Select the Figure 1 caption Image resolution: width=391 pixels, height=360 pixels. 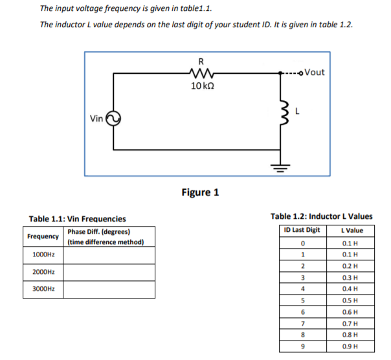point(200,192)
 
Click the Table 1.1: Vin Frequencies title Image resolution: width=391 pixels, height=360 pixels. point(78,219)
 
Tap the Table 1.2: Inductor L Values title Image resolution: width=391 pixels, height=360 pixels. point(321,216)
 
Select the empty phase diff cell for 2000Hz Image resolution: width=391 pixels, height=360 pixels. point(109,273)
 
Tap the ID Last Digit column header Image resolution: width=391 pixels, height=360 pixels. point(302,231)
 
